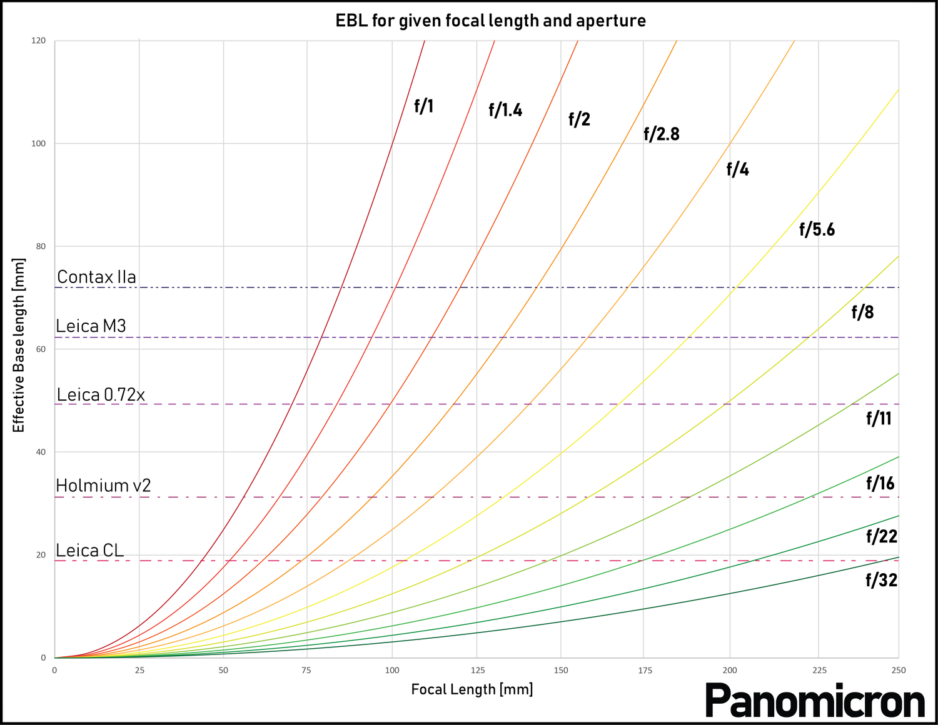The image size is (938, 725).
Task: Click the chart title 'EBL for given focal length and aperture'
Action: (490, 21)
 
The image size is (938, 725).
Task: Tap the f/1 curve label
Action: (423, 106)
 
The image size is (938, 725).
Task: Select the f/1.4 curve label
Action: (505, 111)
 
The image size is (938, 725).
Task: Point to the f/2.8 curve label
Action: (661, 134)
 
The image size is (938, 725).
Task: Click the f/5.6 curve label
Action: (817, 230)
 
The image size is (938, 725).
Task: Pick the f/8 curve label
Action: (862, 312)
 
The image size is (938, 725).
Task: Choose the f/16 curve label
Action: (880, 483)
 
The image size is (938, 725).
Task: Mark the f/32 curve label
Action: (881, 581)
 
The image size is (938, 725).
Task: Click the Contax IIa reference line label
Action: (96, 277)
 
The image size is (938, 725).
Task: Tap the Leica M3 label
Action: (91, 326)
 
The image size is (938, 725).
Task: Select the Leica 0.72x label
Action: (101, 394)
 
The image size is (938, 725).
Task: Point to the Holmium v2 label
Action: (103, 486)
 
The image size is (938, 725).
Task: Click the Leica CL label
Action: (89, 551)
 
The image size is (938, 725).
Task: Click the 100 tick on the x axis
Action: (392, 671)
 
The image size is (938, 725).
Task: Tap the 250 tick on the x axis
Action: (899, 671)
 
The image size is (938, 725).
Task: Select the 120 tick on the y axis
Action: (39, 41)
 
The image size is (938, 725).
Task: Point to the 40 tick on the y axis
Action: (41, 452)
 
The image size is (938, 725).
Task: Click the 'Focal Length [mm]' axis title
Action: (472, 689)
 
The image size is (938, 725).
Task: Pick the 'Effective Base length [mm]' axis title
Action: (19, 345)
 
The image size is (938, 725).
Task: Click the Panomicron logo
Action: (815, 701)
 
